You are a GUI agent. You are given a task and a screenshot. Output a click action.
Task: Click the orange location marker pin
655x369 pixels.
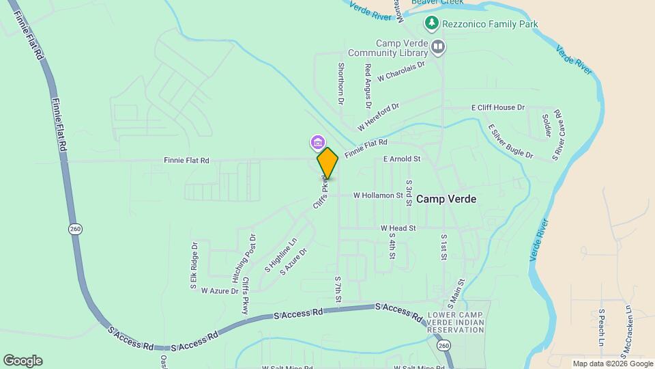tap(327, 163)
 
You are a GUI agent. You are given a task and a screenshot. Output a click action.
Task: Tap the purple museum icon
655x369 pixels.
tap(317, 142)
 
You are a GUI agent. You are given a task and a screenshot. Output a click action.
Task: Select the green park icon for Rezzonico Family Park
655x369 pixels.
tap(431, 24)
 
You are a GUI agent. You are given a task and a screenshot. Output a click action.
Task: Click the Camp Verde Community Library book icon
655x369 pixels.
tap(438, 47)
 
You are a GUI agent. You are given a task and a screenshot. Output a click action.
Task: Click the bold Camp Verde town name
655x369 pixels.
tap(446, 199)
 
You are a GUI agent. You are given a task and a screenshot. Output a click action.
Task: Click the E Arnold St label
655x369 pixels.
tap(402, 159)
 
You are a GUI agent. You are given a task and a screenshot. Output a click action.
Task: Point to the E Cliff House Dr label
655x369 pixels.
tap(498, 108)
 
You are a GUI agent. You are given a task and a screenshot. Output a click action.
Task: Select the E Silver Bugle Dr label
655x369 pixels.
tap(510, 141)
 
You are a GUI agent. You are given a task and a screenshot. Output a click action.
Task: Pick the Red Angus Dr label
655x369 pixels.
tap(368, 86)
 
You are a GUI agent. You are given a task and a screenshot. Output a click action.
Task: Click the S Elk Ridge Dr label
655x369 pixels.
tap(194, 264)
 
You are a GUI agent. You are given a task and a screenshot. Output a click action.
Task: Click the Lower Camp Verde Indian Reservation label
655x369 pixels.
tap(456, 322)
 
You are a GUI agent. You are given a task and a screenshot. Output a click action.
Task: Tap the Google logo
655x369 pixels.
tap(23, 361)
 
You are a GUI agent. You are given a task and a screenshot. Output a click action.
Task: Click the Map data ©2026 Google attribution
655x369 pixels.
tap(613, 364)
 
